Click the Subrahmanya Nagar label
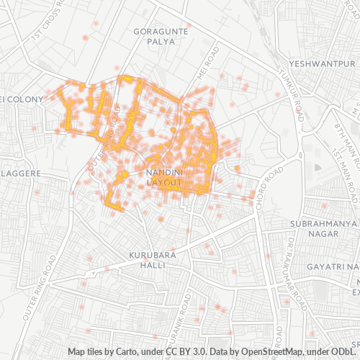tap(323, 228)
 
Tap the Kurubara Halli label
tap(148, 260)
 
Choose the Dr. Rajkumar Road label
tap(293, 281)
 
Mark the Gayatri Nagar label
tap(332, 267)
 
